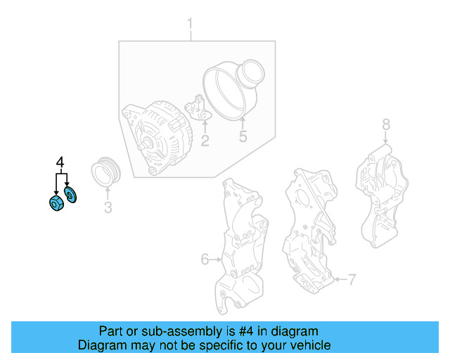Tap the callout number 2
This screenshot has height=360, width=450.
[205, 141]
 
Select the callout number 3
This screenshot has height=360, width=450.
[108, 207]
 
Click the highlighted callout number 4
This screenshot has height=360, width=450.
[60, 164]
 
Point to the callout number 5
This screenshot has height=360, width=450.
[243, 136]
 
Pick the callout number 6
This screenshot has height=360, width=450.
[205, 259]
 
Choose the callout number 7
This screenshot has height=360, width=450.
[352, 281]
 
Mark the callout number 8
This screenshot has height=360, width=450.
[385, 124]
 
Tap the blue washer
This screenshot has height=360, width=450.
[70, 193]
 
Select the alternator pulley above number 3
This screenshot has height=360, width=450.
[107, 173]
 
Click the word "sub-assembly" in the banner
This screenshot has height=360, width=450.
[164, 331]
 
